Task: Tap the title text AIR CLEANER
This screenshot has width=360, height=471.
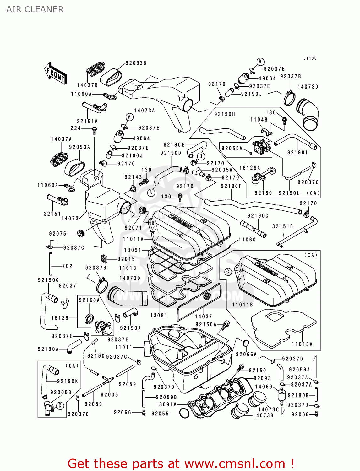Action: coord(35,9)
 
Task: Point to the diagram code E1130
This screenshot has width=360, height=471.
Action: coord(310,58)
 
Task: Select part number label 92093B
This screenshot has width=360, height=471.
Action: coord(136,63)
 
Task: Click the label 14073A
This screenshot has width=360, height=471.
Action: coord(145,111)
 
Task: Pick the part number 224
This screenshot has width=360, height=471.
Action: coord(76,128)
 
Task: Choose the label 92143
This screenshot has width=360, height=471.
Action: coord(133,177)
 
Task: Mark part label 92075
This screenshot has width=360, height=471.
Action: coord(58,234)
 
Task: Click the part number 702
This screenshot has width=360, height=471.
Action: coord(67,266)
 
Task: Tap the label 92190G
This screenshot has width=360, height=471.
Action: coord(48,280)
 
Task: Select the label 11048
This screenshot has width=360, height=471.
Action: coord(259,120)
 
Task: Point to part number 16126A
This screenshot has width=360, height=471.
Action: coord(250,168)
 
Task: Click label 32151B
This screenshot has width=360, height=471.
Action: coord(282,226)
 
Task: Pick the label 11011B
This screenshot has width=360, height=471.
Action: coord(243,305)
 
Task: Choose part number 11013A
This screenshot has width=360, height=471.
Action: coord(302,344)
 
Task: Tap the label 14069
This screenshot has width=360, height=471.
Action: coord(264,387)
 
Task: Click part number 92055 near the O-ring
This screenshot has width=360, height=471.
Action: coord(160,414)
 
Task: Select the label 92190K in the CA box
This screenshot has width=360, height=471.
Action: coord(68,381)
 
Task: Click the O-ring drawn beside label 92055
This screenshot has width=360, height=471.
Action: coord(184,413)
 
